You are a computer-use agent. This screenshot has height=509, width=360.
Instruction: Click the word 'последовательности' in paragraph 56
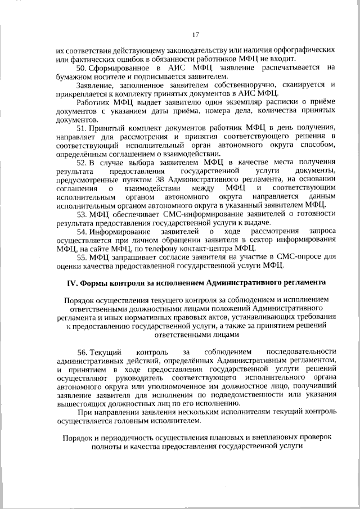click(x=302, y=352)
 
